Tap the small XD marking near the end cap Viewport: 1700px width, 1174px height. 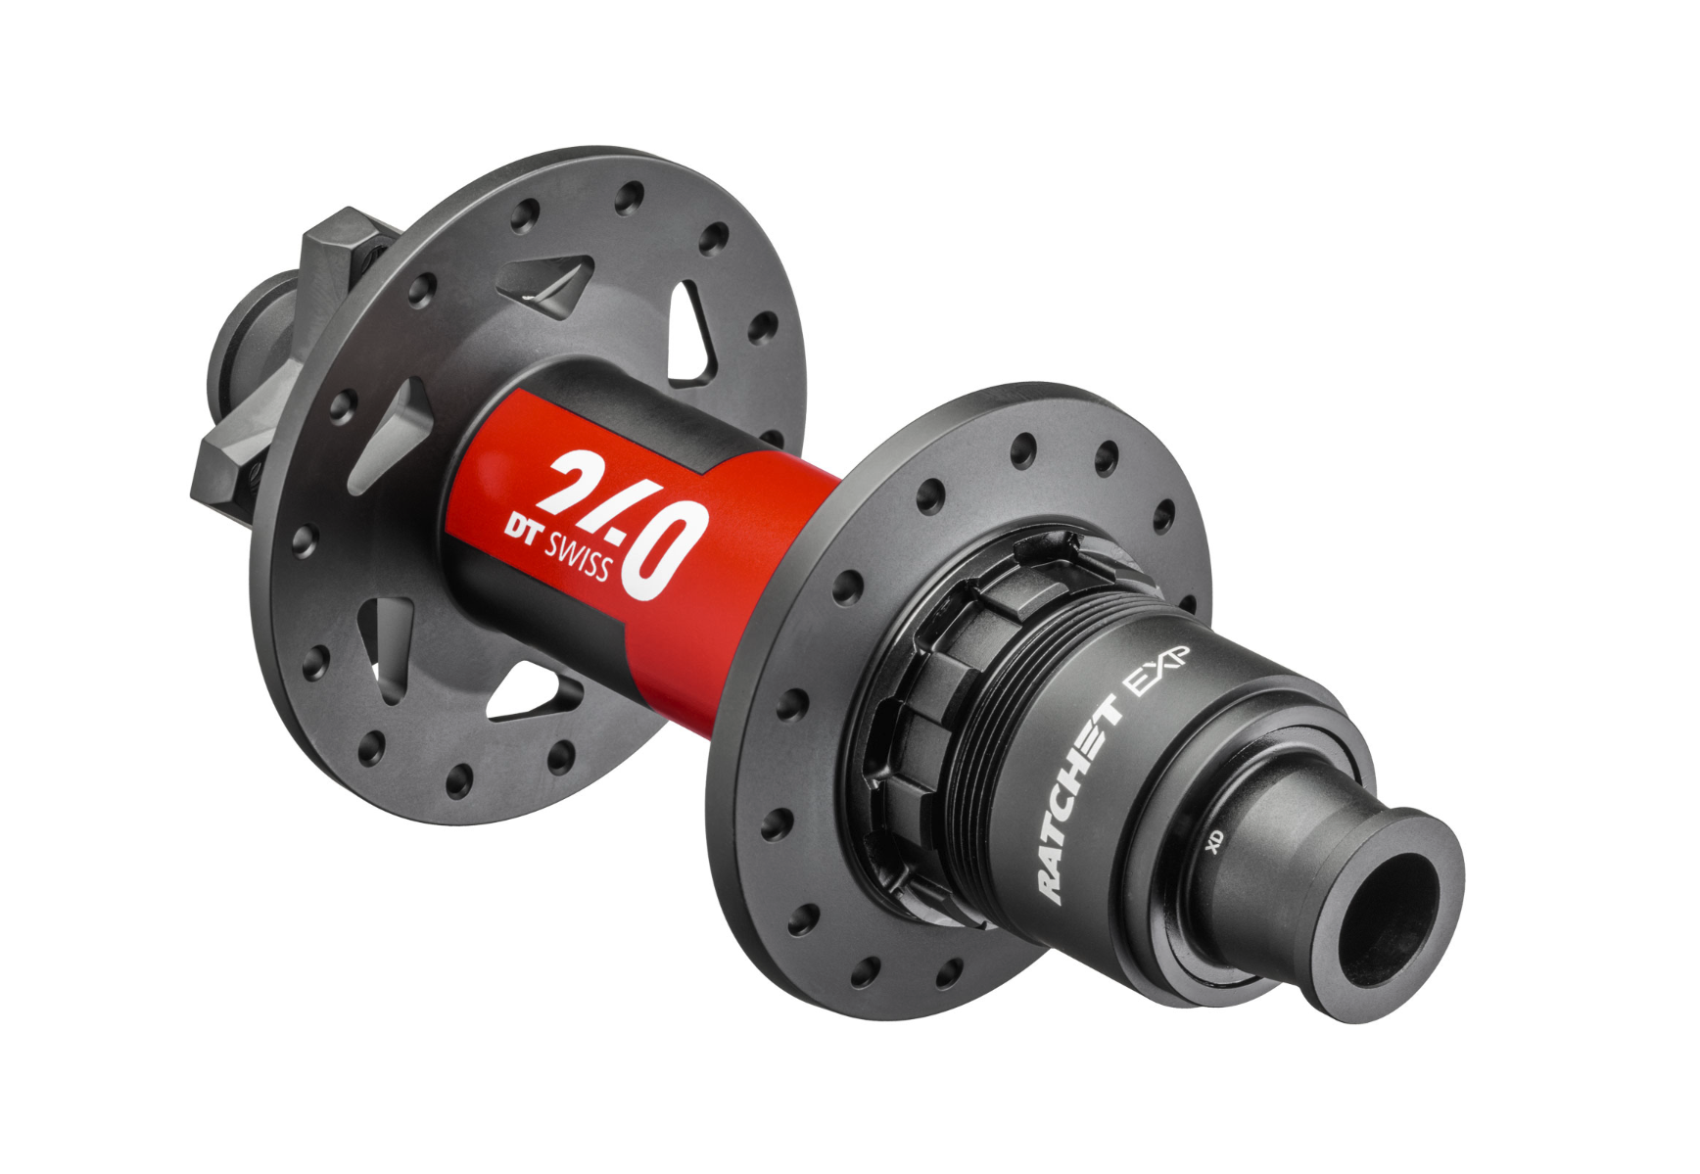1215,840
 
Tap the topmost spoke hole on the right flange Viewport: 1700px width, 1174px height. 1023,449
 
